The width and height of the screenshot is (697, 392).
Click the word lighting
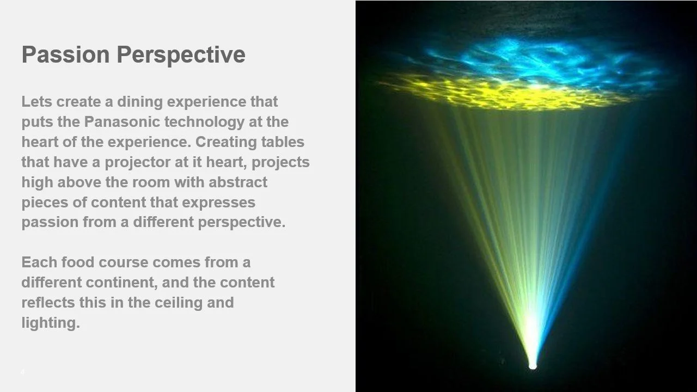(x=50, y=323)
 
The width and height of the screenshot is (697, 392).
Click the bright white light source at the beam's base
(x=533, y=365)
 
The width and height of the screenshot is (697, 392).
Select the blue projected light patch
(x=545, y=60)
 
